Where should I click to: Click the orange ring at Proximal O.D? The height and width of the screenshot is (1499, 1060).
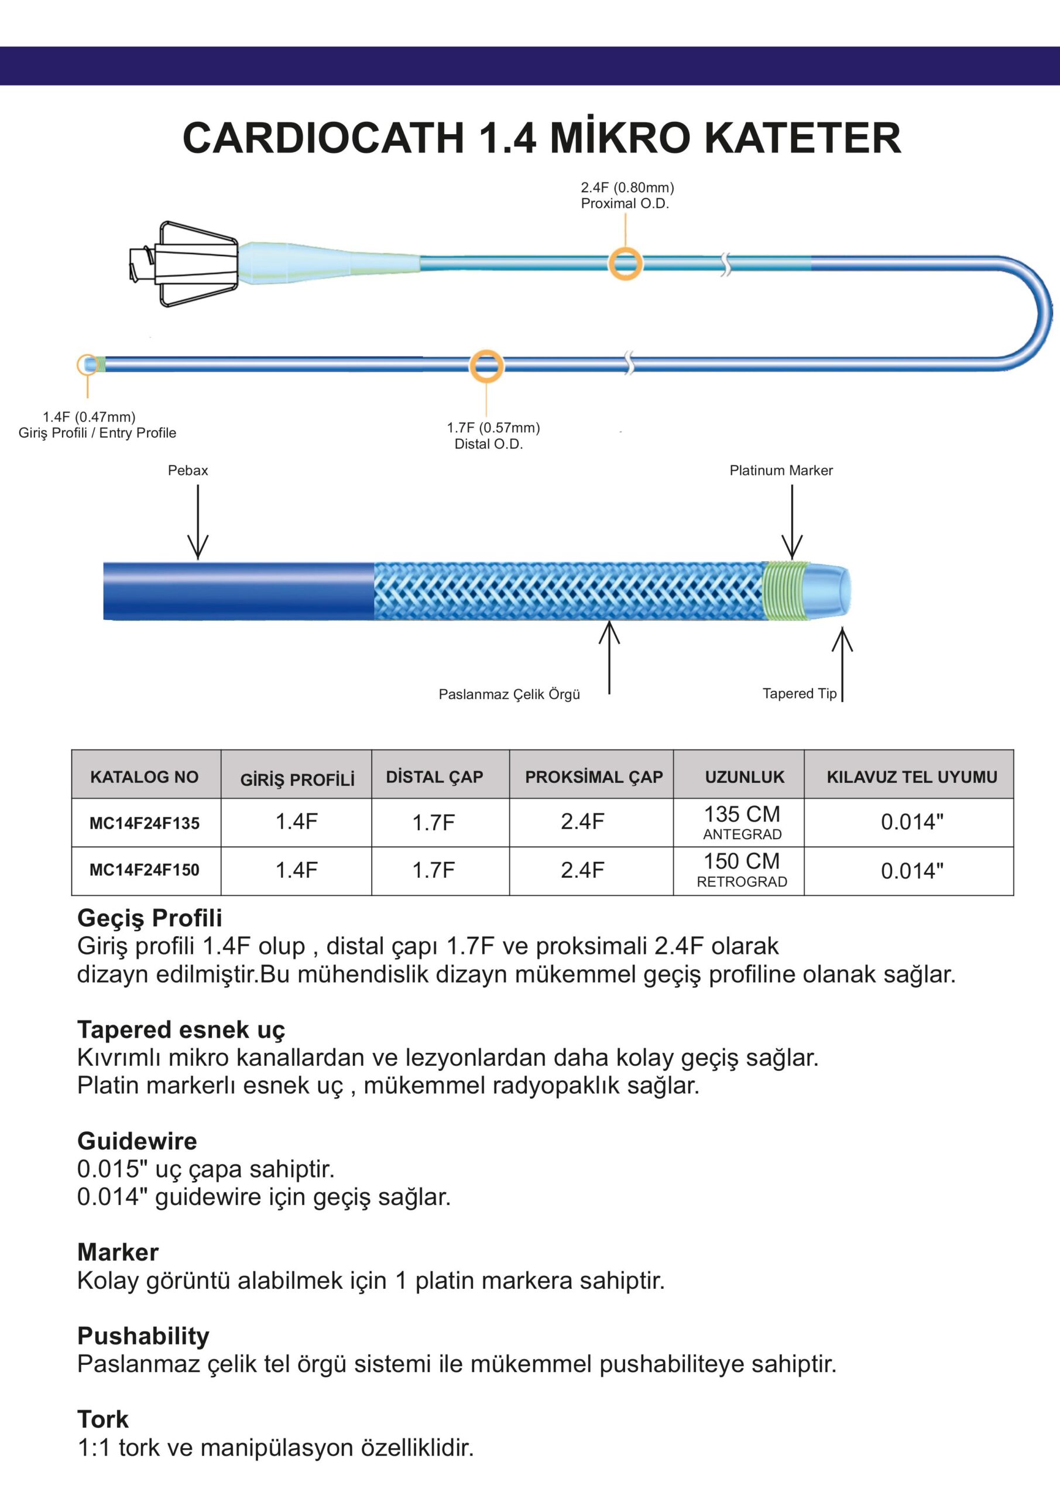[625, 263]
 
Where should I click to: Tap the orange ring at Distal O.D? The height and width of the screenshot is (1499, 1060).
[486, 367]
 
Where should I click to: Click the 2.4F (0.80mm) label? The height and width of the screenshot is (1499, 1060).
[627, 187]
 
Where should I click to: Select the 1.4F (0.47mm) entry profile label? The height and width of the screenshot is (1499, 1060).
[90, 416]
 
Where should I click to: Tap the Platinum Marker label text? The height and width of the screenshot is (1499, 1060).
[781, 470]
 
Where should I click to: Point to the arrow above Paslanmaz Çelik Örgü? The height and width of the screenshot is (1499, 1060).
[609, 656]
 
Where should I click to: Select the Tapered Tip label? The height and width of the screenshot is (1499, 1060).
[799, 693]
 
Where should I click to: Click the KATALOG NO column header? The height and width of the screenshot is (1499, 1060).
[144, 777]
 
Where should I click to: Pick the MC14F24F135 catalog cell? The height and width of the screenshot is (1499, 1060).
[144, 823]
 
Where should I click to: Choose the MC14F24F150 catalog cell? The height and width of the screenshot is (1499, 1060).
[144, 870]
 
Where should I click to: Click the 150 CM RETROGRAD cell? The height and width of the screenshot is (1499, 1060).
[742, 870]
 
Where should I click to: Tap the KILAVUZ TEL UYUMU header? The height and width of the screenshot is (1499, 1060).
[911, 777]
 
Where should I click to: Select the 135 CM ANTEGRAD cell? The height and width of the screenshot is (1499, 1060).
[742, 823]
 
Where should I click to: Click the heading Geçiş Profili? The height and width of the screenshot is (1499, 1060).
[149, 918]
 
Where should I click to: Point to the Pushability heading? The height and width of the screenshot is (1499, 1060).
[143, 1336]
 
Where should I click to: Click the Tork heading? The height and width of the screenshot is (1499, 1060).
[103, 1419]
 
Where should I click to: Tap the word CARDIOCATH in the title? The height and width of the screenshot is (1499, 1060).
[323, 138]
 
